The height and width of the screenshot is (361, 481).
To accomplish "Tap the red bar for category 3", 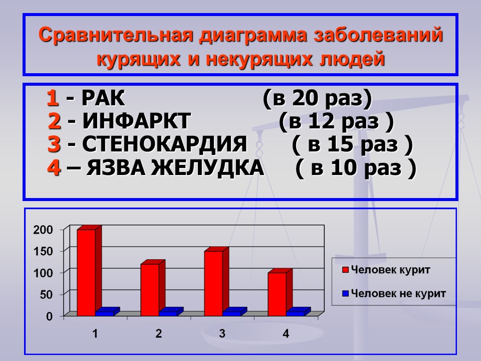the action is [216, 281].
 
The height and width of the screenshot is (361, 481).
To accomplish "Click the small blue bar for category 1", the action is [107, 311].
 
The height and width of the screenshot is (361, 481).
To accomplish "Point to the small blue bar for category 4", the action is [299, 311].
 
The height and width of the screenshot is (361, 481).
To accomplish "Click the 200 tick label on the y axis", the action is [43, 230].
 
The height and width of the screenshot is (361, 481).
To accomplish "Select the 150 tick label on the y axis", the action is [43, 251].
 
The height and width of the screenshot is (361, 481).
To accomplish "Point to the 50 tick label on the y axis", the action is [46, 295].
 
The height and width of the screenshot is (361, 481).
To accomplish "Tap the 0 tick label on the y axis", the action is [50, 316].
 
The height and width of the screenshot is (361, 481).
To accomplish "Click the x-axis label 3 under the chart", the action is [222, 333].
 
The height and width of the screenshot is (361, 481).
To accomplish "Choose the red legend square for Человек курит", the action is [345, 270].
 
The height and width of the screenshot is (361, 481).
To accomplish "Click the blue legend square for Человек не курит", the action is [345, 293].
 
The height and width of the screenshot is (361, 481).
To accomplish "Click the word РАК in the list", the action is [103, 98].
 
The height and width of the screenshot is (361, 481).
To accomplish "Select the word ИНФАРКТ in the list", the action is [136, 121].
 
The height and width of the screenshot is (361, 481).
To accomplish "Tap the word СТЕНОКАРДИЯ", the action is [164, 144].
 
